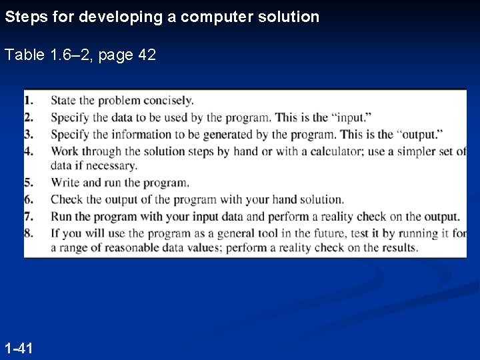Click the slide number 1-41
tap(19, 347)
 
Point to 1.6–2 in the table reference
tap(69, 55)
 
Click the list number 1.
tap(29, 101)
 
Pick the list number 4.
tap(29, 151)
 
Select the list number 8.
tap(29, 233)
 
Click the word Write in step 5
tap(65, 183)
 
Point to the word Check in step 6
tap(66, 199)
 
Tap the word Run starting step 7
tap(61, 216)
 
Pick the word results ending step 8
tap(399, 248)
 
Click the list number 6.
tap(29, 199)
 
